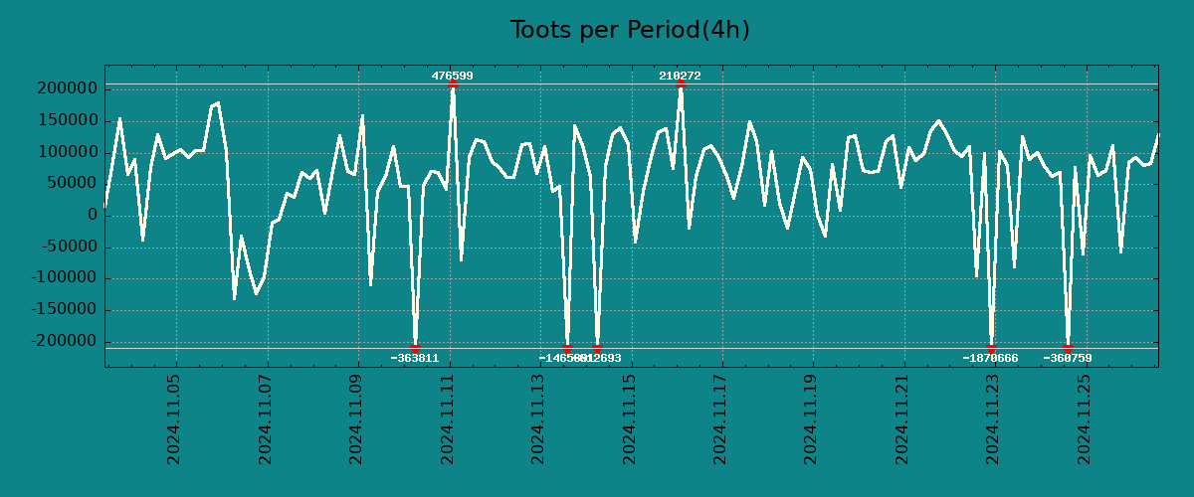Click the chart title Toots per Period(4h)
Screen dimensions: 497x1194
tap(630, 30)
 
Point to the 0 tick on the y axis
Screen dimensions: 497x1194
tap(92, 215)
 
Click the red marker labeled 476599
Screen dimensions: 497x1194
tap(453, 84)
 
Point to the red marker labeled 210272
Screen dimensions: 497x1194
tap(681, 84)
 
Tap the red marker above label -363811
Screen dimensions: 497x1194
tap(415, 348)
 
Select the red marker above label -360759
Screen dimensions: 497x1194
tap(1068, 348)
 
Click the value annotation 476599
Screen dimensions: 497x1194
tap(453, 76)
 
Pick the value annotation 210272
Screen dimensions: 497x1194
tap(681, 76)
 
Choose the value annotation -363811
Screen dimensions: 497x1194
tap(415, 358)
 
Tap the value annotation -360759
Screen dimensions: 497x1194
tap(1068, 358)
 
